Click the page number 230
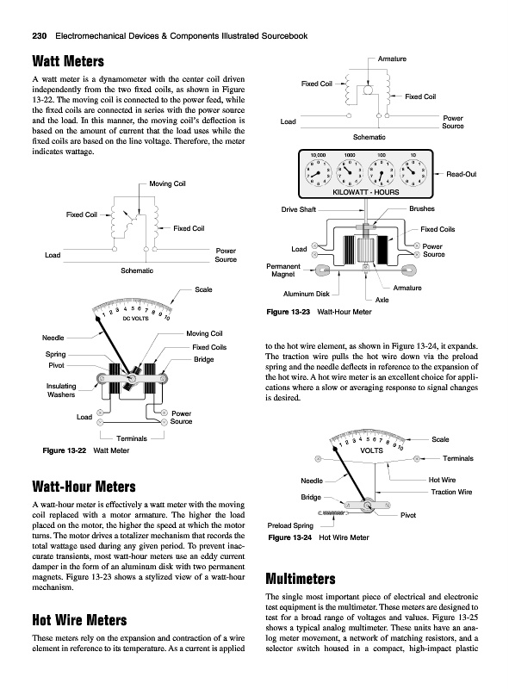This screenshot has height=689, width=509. (40, 36)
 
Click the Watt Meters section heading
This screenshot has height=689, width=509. (68, 61)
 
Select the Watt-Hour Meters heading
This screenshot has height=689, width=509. (84, 487)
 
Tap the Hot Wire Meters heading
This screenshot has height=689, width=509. (79, 620)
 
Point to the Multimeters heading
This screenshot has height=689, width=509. (301, 579)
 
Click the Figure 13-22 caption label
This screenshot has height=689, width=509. (65, 450)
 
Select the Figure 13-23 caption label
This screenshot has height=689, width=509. (289, 312)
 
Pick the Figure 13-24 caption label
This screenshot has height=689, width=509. (290, 537)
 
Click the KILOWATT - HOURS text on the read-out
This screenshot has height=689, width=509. (366, 192)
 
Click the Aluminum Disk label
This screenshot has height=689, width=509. (307, 294)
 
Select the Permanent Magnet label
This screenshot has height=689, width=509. (283, 270)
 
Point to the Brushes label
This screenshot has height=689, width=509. (422, 208)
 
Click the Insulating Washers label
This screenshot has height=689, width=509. (61, 390)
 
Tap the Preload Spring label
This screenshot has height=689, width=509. (290, 525)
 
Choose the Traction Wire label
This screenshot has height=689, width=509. (451, 492)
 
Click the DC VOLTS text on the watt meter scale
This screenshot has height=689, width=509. (135, 319)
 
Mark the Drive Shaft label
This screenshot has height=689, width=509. (299, 209)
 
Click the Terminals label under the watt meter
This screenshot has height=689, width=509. (132, 438)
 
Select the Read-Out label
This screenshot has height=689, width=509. (462, 174)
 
